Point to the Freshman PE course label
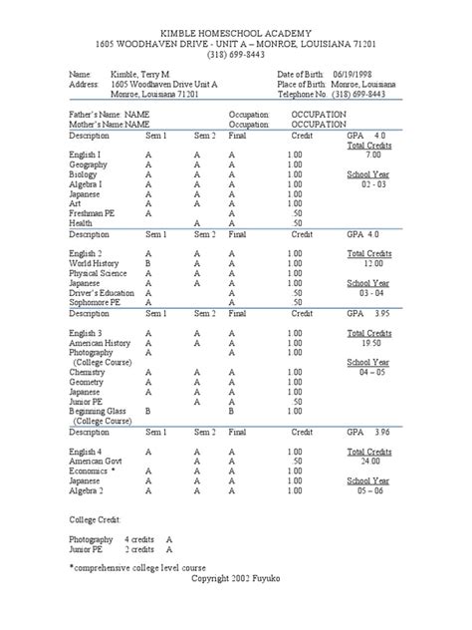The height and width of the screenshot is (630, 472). click(93, 213)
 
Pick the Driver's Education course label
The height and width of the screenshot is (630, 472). click(105, 292)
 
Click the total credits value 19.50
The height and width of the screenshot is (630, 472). click(372, 342)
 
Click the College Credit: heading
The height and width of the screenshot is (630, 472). click(97, 519)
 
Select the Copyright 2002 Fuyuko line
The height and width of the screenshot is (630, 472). click(236, 579)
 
